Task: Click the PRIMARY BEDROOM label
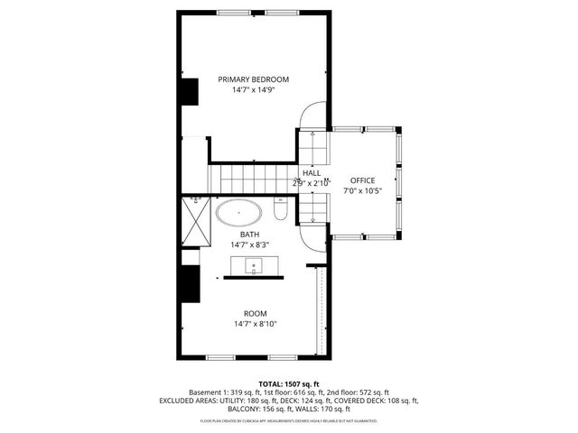click(253, 79)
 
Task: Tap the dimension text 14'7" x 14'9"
click(253, 90)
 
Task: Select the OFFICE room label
click(362, 180)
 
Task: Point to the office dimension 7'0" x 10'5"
click(362, 191)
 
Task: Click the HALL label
click(312, 173)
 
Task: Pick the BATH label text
click(249, 235)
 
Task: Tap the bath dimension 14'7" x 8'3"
click(249, 244)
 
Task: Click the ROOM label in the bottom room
click(255, 313)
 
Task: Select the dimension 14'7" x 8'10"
click(255, 324)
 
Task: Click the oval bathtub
click(239, 215)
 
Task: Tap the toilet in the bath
click(280, 213)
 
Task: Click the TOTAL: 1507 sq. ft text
click(289, 383)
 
